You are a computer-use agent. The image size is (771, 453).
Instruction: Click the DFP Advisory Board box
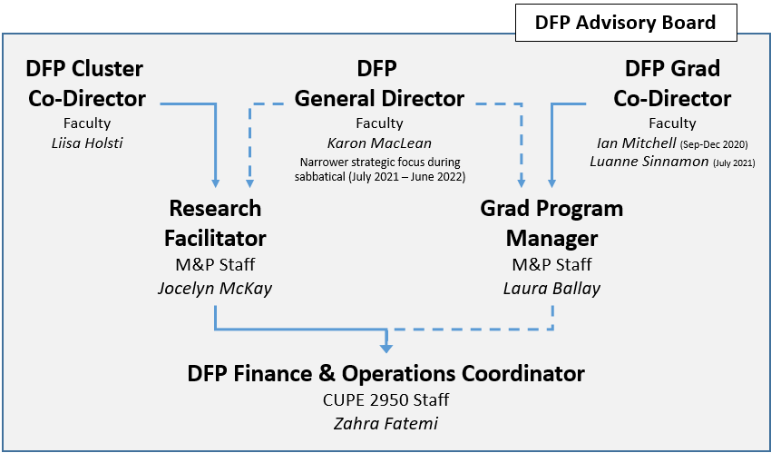coord(625,23)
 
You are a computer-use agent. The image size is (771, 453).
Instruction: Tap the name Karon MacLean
coord(378,143)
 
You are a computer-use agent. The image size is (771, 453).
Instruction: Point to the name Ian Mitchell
coord(634,143)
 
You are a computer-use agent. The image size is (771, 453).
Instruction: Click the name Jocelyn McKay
coord(214,287)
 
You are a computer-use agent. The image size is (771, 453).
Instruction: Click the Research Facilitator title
coord(215,223)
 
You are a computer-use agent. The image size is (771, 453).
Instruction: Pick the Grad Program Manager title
coord(551,223)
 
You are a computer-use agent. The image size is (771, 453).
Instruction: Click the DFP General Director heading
coord(378,84)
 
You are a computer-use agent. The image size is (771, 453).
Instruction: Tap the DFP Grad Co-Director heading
coord(672,84)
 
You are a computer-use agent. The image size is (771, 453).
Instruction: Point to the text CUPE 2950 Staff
coord(385,399)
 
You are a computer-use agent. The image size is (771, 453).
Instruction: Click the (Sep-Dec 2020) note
coord(713,144)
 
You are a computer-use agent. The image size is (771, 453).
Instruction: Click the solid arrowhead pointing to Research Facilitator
coord(216,182)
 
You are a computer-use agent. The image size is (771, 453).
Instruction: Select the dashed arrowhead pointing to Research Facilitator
coord(249,182)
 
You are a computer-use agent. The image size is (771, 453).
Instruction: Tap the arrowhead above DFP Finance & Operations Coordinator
coord(386,347)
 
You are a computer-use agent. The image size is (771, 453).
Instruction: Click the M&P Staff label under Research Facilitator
coord(214,265)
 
